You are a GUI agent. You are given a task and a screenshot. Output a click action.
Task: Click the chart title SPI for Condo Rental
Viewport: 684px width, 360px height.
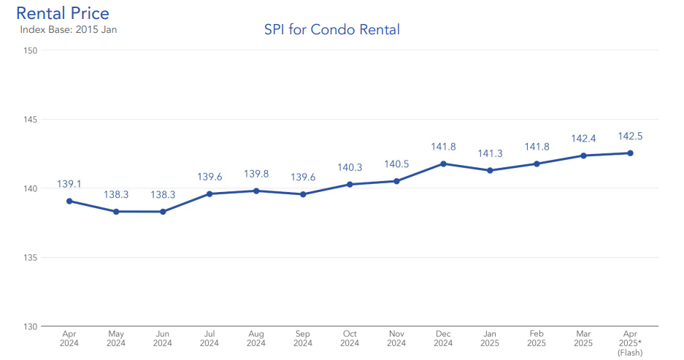(331, 30)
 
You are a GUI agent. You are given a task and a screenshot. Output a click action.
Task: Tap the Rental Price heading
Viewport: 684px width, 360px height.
(63, 13)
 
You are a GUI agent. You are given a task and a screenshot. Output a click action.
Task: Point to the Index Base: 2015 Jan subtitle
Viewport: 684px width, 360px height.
(68, 30)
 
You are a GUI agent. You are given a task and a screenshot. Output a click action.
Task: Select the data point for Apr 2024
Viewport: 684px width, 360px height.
(69, 201)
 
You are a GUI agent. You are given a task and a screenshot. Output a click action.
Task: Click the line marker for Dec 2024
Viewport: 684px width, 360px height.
(443, 164)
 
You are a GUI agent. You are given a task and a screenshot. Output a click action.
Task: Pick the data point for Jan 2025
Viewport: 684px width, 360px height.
(490, 170)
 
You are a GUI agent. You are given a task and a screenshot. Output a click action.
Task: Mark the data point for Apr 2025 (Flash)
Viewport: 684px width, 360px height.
(630, 153)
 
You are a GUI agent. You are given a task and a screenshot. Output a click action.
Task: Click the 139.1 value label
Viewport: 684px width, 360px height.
(69, 185)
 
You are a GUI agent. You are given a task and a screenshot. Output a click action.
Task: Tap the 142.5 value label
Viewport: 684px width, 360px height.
(630, 137)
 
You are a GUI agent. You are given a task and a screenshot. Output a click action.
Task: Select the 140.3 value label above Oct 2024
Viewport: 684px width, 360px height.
(350, 168)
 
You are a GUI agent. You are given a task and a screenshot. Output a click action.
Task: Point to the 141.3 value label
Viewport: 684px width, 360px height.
(490, 154)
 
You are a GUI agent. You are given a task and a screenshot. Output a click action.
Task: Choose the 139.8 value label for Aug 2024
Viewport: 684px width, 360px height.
(256, 174)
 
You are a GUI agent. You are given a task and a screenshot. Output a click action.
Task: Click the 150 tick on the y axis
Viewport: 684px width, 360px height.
(31, 50)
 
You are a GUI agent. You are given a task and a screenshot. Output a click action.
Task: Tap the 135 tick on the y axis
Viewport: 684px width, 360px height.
(31, 258)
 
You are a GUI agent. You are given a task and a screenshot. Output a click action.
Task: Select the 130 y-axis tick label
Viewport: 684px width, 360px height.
(31, 326)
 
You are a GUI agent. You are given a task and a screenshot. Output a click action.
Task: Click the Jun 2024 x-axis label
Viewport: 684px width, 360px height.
(163, 338)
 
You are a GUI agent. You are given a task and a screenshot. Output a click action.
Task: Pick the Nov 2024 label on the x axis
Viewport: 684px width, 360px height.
(396, 338)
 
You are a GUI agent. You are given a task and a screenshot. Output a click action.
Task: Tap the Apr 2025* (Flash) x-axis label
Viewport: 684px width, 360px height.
(630, 342)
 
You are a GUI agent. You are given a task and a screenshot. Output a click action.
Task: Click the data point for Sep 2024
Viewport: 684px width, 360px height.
(303, 194)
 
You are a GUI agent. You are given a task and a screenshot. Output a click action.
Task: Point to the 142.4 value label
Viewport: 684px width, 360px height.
(583, 139)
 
